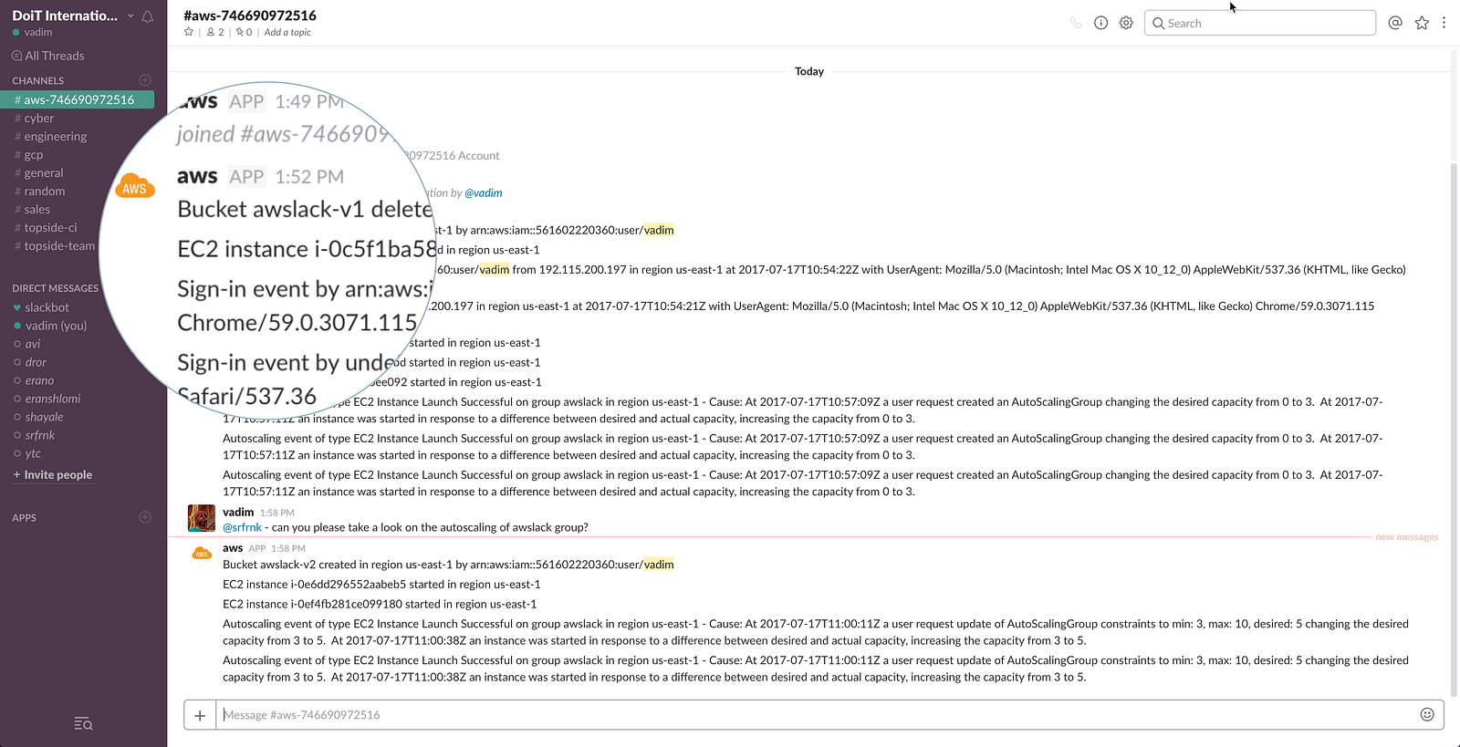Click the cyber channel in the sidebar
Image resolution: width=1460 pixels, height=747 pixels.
[x=39, y=119]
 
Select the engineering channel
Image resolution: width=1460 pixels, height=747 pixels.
[x=55, y=137]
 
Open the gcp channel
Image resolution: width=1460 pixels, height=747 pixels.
[x=34, y=155]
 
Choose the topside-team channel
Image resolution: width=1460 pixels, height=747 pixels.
[x=59, y=246]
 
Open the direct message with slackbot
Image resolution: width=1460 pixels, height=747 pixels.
[x=47, y=308]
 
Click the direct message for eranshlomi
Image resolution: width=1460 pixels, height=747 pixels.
[x=53, y=399]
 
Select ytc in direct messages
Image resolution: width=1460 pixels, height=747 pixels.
[x=33, y=454]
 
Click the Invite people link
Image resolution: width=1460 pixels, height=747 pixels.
[x=57, y=475]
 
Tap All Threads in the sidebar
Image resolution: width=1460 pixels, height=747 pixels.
[x=54, y=57]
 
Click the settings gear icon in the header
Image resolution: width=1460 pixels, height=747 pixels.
[x=1126, y=23]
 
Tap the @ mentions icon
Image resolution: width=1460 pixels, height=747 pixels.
[x=1395, y=23]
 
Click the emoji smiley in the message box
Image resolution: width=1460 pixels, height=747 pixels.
[x=1427, y=715]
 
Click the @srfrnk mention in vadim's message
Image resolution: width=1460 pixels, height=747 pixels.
[x=242, y=528]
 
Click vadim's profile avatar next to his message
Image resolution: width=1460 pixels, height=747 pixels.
[x=202, y=518]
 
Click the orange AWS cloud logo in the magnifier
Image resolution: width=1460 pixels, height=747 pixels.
[x=135, y=187]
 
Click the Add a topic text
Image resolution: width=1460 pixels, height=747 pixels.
[x=287, y=33]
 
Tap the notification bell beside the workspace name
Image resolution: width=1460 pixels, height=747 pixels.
[x=148, y=16]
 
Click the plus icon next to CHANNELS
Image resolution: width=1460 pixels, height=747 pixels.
[x=145, y=80]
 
